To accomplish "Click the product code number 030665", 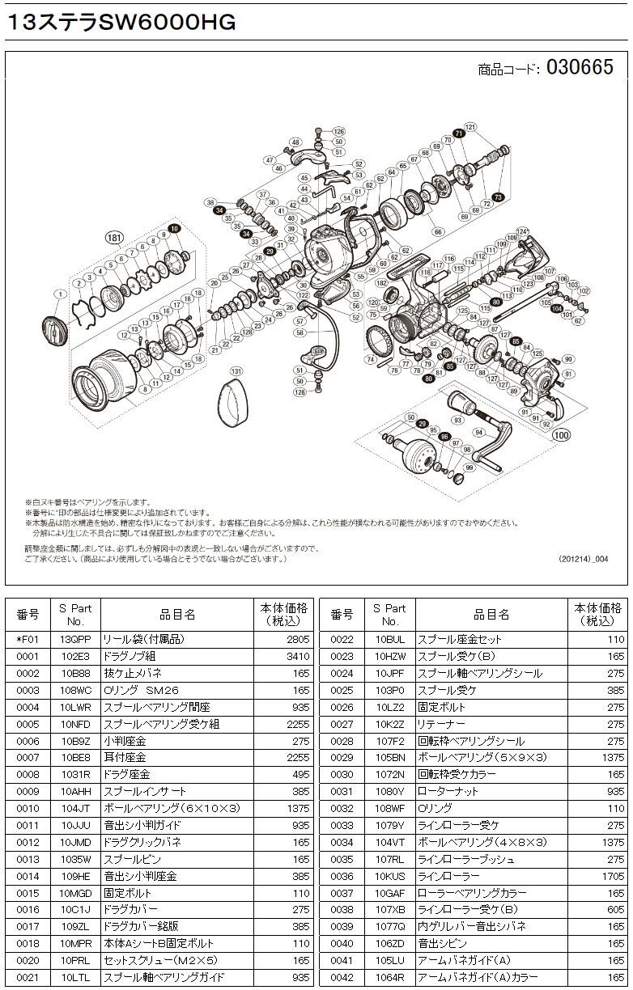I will pyautogui.click(x=580, y=68).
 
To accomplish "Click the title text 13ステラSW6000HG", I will pyautogui.click(x=121, y=23).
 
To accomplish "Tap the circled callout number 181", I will pyautogui.click(x=114, y=238).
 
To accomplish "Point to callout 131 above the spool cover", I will pyautogui.click(x=236, y=371).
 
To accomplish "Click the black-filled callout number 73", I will pyautogui.click(x=498, y=197).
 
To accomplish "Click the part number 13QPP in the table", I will pyautogui.click(x=74, y=639).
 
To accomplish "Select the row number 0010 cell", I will pyautogui.click(x=28, y=809).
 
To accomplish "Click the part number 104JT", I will pyautogui.click(x=74, y=809).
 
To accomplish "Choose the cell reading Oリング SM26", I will pyautogui.click(x=141, y=690).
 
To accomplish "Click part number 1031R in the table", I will pyautogui.click(x=74, y=775).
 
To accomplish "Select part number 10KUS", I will pyautogui.click(x=390, y=876).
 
